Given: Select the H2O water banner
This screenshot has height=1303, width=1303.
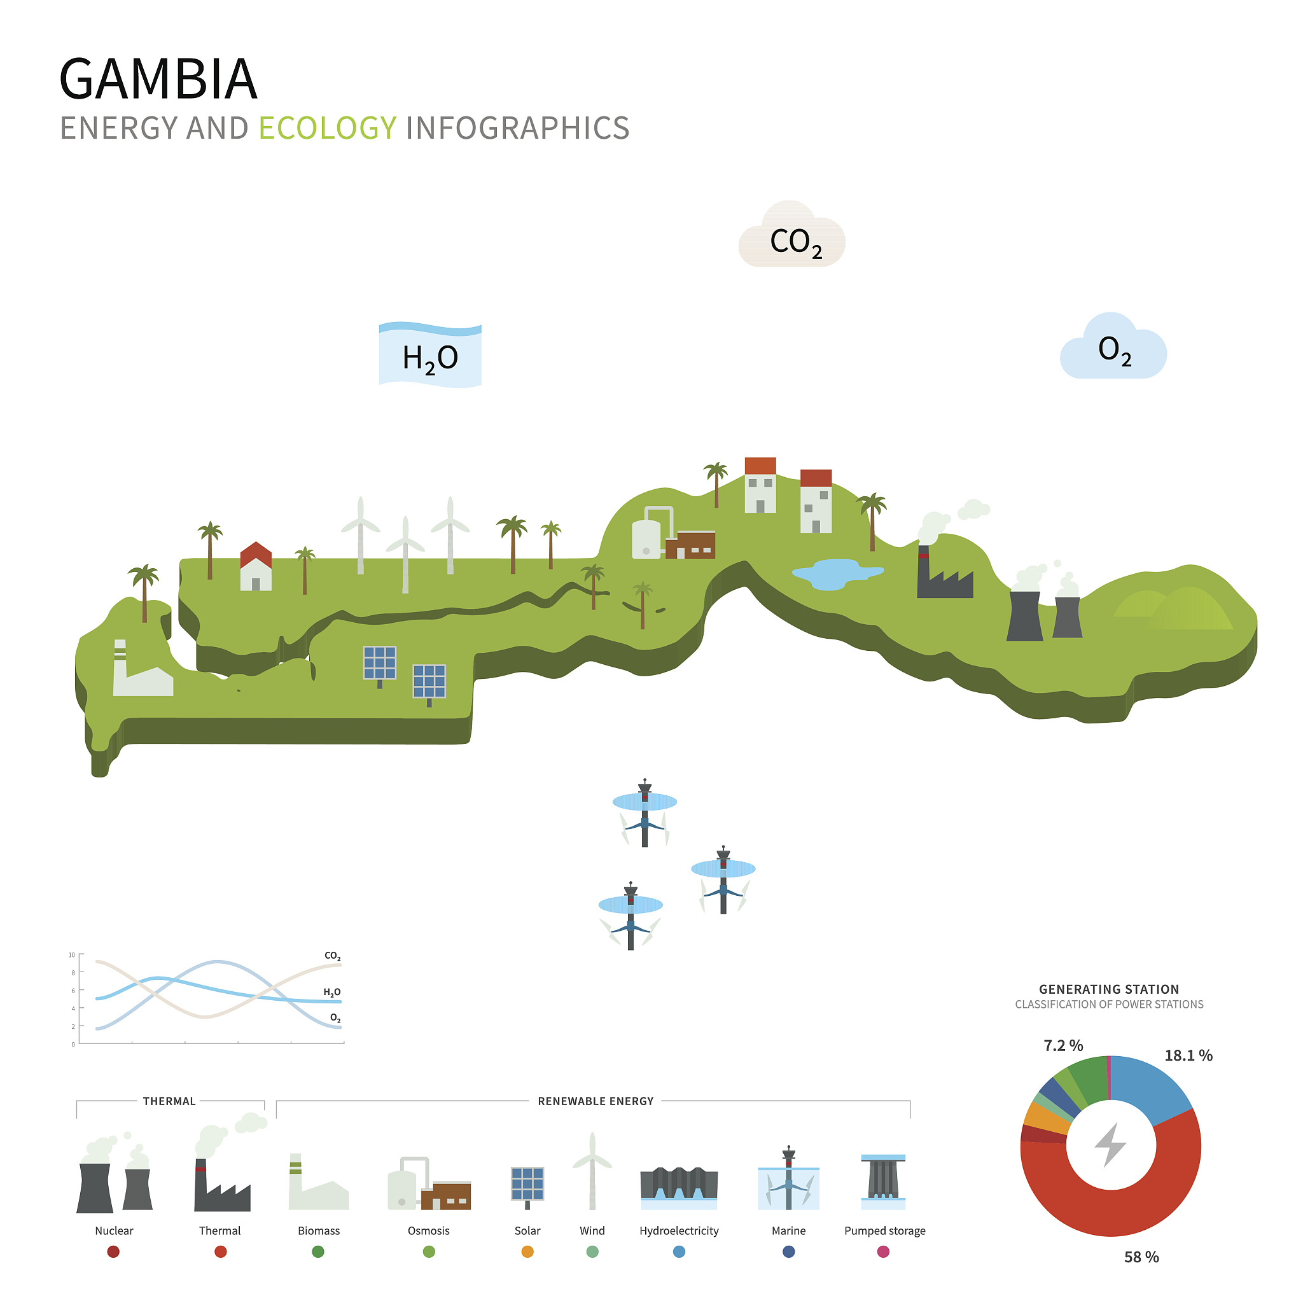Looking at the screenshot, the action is [x=430, y=355].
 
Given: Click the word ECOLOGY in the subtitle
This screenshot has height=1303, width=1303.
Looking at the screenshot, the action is [x=327, y=128].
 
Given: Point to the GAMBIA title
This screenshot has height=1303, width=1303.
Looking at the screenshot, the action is [x=158, y=79].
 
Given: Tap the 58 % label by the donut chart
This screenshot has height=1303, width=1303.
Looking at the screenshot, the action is [x=1141, y=1257].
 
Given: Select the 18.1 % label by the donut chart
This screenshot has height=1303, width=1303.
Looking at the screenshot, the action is [x=1188, y=1056].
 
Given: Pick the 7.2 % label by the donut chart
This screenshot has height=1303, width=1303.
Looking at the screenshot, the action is [x=1063, y=1045].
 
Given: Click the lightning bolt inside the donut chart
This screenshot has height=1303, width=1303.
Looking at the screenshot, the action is [x=1110, y=1145].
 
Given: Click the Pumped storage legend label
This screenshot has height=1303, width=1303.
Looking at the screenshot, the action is [x=885, y=1231].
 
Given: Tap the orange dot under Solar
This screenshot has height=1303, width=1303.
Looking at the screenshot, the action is [x=527, y=1251].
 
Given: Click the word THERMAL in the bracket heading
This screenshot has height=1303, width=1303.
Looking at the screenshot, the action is [x=169, y=1101].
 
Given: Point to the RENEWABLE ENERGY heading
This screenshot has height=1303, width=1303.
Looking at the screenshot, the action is [x=596, y=1101].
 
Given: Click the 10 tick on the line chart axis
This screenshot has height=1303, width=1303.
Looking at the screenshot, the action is [x=72, y=955].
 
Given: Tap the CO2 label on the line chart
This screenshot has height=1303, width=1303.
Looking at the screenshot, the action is [x=333, y=956].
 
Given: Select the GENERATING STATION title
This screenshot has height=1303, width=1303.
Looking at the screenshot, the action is [x=1109, y=989].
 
